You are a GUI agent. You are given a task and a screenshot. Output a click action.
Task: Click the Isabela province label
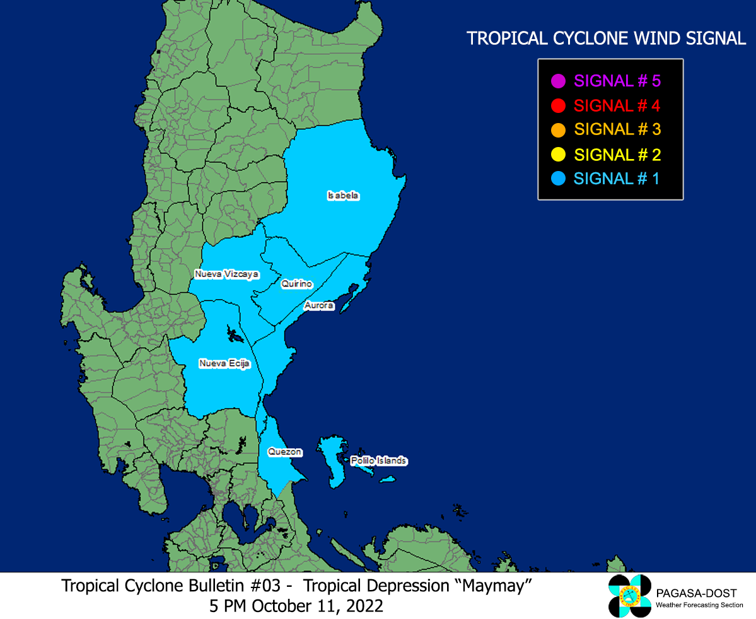[343, 196]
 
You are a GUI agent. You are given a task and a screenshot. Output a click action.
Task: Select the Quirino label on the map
[296, 285]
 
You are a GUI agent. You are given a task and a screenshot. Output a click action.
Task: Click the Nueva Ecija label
[224, 363]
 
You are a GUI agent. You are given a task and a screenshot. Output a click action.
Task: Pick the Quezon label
[285, 452]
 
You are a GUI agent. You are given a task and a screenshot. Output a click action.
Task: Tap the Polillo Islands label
[378, 461]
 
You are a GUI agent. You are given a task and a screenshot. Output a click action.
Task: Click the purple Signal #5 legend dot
[558, 81]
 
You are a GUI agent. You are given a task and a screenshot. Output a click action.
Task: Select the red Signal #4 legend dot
[558, 105]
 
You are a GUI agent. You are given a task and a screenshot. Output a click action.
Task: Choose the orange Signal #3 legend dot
[558, 130]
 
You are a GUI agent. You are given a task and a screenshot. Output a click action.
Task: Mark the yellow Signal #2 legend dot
[558, 155]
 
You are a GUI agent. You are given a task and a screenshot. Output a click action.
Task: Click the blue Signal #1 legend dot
[558, 179]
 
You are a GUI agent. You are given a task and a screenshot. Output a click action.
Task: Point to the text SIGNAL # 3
[617, 130]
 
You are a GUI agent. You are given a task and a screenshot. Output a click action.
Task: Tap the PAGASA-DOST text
[696, 593]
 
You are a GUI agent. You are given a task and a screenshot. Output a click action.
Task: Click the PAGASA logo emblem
[629, 596]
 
